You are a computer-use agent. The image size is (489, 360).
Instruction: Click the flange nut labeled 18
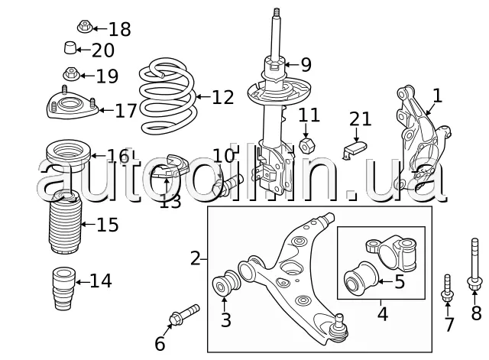coord(85,27)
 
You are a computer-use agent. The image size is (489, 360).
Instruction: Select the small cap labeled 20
coord(70,47)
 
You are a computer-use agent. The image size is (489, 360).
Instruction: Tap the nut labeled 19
coord(71,75)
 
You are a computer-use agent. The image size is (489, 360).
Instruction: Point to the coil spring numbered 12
coord(168,96)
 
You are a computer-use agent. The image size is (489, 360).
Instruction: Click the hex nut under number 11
coord(307,145)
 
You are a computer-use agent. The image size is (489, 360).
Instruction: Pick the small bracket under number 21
coord(355,150)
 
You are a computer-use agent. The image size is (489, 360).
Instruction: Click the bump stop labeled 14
coord(64,288)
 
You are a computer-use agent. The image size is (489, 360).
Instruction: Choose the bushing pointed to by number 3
coord(226,283)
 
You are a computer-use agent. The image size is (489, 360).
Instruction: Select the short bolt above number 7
coord(447,289)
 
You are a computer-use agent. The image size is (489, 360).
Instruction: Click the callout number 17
coord(125,111)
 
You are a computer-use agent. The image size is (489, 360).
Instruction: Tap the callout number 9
coord(306,65)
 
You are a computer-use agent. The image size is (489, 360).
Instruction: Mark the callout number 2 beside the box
coord(196,258)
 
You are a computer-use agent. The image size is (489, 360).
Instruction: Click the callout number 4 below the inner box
coord(383,314)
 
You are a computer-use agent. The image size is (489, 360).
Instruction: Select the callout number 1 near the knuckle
coord(438,96)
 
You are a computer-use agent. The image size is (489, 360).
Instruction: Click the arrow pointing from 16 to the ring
coord(99,156)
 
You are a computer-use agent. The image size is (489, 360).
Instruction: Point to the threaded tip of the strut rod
coord(277,14)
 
